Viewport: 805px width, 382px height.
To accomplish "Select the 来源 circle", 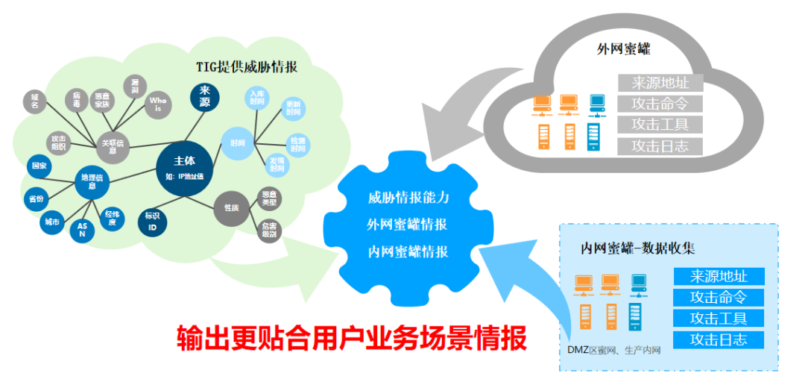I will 205,98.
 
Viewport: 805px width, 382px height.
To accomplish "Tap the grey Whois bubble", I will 157,104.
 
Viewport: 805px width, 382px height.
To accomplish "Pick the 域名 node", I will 35,101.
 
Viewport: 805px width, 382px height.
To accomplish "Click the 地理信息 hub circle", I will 92,181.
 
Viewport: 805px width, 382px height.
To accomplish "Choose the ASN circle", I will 82,231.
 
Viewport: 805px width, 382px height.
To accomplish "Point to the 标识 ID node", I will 152,222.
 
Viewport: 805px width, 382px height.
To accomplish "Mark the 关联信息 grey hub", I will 113,146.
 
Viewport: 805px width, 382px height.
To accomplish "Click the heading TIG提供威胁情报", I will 247,66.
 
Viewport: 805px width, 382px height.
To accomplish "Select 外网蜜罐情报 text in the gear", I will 407,225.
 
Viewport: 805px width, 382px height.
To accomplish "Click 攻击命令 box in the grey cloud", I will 660,103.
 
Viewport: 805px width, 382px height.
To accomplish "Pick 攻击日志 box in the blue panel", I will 719,340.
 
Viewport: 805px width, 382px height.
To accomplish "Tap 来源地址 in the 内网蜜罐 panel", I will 719,277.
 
